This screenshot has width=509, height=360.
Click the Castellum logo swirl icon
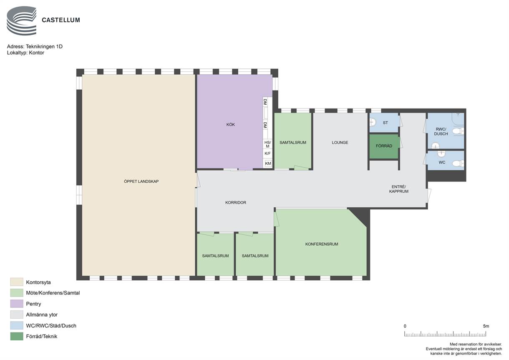[x=22, y=21]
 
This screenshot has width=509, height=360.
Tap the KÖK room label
[x=230, y=124]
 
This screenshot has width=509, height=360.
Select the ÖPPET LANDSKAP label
[x=141, y=181]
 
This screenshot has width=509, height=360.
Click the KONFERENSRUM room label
[x=322, y=244]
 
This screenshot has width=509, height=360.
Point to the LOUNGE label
[x=340, y=142]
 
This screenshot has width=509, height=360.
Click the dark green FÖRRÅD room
[x=383, y=146]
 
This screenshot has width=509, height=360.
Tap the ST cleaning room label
[x=385, y=123]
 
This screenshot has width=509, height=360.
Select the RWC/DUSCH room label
[x=441, y=131]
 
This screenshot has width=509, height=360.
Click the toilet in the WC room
[x=458, y=163]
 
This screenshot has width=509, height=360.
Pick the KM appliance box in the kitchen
[x=268, y=163]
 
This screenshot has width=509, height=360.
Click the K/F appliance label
[x=267, y=154]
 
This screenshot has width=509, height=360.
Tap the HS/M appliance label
[x=267, y=144]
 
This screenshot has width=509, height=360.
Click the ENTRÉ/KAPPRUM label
[x=398, y=189]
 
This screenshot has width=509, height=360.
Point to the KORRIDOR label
[x=236, y=202]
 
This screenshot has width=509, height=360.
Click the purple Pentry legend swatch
[x=17, y=304]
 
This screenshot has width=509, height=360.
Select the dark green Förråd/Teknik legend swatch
[x=17, y=336]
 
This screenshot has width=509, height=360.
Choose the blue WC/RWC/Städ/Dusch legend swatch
[x=17, y=325]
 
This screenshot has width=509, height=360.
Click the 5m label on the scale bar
[x=486, y=326]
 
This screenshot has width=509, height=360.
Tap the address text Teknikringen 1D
[x=44, y=47]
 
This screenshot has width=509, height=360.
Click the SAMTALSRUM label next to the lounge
[x=293, y=142]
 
